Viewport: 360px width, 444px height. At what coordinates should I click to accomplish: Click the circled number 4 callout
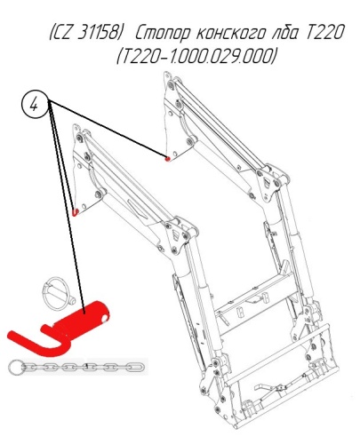point(35,105)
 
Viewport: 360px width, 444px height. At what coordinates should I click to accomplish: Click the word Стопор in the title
point(163,33)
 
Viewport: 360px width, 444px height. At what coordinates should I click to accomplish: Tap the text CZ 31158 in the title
point(86,32)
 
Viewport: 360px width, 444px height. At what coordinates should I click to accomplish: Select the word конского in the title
point(231,32)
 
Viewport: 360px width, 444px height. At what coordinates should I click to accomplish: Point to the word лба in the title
point(284,32)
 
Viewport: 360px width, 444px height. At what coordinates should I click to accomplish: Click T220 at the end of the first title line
point(324,32)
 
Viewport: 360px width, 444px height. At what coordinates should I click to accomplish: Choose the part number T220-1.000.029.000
point(196,56)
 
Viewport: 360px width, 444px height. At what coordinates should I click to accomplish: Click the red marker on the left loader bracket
point(76,212)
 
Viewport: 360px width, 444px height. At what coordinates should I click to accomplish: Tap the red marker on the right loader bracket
point(167,159)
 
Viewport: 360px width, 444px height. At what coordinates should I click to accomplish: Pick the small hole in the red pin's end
point(104,319)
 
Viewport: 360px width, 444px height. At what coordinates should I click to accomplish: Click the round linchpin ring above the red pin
point(57,294)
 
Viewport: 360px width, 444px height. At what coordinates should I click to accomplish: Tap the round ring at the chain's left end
point(15,368)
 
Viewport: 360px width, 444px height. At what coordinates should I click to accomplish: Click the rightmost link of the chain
point(136,368)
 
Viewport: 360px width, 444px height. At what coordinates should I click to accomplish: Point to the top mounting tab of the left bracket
point(76,130)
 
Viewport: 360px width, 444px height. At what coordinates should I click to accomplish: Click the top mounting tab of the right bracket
point(167,76)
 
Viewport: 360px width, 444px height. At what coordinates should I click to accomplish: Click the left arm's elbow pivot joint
point(180,234)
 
